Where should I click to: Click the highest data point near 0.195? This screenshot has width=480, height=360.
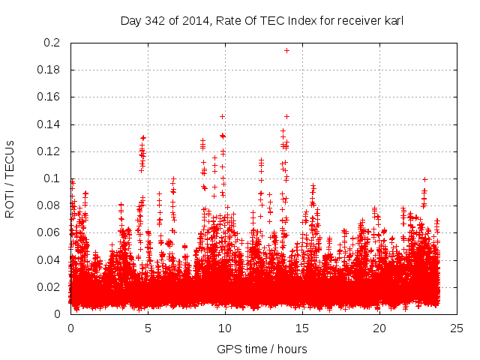[286, 50]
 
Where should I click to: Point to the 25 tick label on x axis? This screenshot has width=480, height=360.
[457, 328]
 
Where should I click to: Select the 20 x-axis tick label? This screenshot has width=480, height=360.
[379, 328]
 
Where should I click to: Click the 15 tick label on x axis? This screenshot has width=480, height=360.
[302, 328]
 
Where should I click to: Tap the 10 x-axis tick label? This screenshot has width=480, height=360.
[225, 328]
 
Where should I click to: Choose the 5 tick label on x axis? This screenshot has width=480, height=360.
[148, 328]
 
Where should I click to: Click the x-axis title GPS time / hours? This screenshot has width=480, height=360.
[262, 349]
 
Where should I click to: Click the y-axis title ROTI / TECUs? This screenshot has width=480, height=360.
[10, 178]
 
